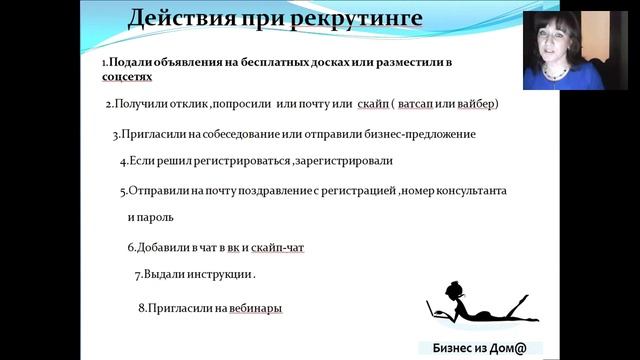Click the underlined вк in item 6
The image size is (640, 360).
233,246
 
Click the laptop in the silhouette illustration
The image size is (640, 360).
436,311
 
